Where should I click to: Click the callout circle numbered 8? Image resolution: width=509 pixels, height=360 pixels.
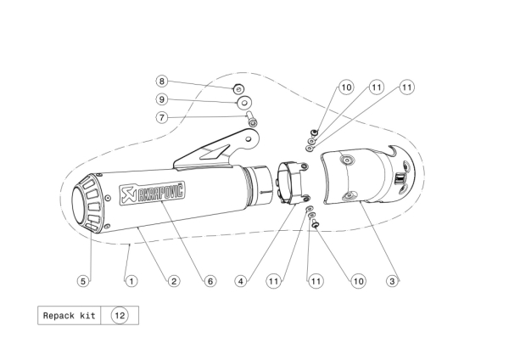162,82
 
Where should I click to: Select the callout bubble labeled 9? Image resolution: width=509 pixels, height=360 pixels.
162,99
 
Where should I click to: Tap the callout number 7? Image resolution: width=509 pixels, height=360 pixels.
162,117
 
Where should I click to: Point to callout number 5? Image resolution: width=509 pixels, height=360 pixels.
83,281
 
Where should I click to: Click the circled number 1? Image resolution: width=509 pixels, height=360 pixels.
131,281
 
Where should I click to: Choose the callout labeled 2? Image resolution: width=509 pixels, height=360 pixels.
174,281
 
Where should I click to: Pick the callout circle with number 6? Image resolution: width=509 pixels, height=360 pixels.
210,281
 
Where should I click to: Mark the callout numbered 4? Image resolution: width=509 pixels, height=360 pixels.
241,281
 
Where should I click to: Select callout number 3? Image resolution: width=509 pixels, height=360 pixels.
392,281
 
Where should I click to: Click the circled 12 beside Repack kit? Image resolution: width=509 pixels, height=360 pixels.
120,316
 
